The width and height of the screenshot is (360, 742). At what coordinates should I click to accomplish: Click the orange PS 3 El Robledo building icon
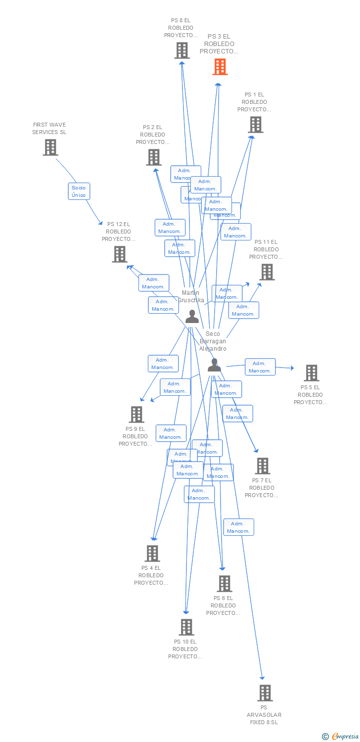tap(220, 67)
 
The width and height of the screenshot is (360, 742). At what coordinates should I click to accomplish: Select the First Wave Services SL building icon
tap(50, 147)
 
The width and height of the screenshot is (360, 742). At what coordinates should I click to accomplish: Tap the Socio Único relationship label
tap(79, 191)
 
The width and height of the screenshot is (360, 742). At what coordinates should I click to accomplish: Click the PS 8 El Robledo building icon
tap(182, 50)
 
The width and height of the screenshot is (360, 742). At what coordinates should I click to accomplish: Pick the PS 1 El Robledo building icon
tap(256, 125)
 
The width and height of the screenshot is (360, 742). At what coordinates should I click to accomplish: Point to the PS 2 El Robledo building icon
tap(154, 157)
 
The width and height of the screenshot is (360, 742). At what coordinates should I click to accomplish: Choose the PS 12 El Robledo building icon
tap(120, 254)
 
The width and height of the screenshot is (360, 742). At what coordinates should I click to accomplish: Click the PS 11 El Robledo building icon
tap(267, 272)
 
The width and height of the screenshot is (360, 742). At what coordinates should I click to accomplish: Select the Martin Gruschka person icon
tap(192, 317)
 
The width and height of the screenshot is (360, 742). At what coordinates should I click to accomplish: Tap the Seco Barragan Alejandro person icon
tap(214, 365)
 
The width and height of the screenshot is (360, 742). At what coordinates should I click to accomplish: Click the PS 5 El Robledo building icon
tap(312, 373)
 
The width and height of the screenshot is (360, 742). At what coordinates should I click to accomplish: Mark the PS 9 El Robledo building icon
tap(136, 415)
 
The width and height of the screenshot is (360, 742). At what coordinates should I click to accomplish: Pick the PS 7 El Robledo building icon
tap(263, 466)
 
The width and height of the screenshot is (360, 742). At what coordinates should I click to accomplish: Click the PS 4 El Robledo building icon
tap(152, 554)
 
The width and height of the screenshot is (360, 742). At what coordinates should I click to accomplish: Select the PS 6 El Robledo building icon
tap(225, 584)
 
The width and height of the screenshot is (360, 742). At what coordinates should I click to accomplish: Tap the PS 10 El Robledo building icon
tap(186, 627)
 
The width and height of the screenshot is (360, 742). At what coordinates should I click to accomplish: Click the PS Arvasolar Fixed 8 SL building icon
tap(265, 693)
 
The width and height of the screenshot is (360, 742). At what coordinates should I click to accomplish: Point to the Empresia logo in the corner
tap(340, 737)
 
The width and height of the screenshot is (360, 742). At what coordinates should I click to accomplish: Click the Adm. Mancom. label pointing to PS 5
tap(260, 367)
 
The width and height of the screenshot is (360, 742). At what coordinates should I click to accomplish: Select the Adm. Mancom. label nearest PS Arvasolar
tap(238, 527)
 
